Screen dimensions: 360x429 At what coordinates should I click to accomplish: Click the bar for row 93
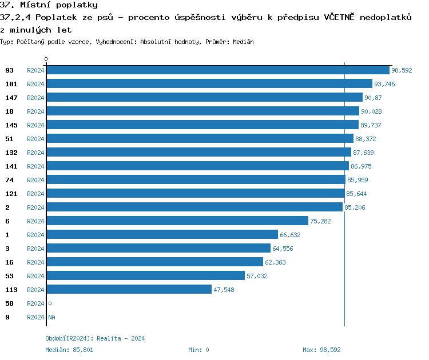click(x=217, y=70)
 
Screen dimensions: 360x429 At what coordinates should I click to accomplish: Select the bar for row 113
click(x=129, y=290)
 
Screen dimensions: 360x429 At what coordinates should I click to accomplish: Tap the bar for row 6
click(x=177, y=221)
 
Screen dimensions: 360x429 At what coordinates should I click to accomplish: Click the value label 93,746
click(x=384, y=84)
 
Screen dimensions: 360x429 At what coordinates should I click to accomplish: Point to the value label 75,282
click(x=320, y=221)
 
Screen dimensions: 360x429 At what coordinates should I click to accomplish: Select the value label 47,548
click(x=224, y=290)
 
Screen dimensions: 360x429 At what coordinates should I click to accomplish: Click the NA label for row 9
click(x=51, y=317)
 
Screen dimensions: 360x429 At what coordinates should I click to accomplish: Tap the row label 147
click(x=11, y=98)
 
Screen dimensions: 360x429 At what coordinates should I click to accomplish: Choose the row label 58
click(x=10, y=303)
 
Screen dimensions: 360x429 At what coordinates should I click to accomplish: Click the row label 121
click(x=11, y=194)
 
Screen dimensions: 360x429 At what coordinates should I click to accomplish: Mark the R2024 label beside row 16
click(x=35, y=262)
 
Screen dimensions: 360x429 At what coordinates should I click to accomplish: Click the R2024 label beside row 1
click(x=35, y=235)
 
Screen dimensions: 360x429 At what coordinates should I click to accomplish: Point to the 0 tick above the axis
click(x=46, y=59)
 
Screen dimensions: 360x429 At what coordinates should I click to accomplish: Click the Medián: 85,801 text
click(x=69, y=350)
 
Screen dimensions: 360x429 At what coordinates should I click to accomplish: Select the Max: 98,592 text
click(x=321, y=350)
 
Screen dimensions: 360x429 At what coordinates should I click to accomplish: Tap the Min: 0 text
click(x=198, y=350)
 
